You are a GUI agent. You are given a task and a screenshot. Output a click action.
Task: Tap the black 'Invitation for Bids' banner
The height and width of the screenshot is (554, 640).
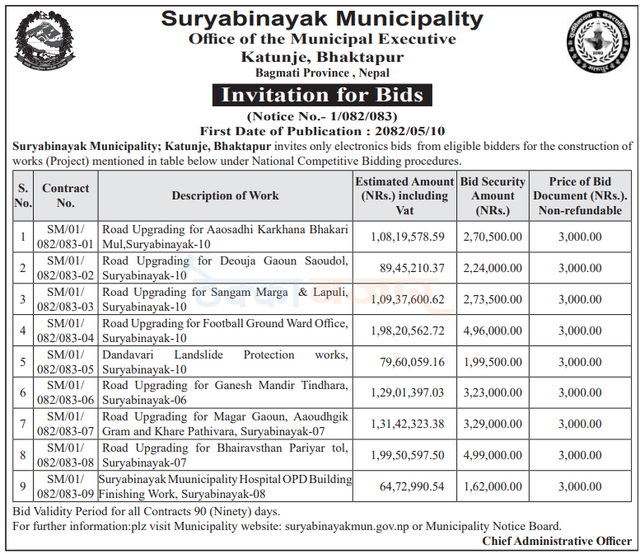[322, 95]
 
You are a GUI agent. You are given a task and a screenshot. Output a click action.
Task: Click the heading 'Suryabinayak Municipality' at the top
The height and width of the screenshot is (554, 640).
[321, 17]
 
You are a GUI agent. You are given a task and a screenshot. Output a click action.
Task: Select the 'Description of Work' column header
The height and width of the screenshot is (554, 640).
[225, 195]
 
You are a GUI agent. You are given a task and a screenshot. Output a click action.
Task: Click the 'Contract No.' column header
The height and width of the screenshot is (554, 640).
[66, 195]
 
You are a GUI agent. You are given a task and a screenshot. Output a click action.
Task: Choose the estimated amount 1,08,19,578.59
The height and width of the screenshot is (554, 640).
[404, 237]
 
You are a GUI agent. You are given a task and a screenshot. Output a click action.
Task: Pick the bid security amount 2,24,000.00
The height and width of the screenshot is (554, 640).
[493, 268]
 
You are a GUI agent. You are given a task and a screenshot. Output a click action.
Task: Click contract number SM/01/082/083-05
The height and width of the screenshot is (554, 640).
[66, 362]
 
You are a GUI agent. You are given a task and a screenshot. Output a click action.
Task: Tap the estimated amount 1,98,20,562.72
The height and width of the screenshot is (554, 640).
[404, 331]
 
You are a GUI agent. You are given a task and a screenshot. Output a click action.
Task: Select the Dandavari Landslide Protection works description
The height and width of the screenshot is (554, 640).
[225, 362]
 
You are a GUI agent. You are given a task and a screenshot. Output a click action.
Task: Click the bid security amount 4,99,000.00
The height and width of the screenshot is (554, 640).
[493, 455]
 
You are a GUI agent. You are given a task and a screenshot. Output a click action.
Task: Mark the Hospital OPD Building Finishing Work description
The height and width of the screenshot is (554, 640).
[225, 486]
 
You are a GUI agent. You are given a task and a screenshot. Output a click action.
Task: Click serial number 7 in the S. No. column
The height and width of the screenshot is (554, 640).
[23, 424]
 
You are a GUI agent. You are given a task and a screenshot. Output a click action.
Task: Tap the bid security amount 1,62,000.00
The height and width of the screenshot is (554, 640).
[493, 486]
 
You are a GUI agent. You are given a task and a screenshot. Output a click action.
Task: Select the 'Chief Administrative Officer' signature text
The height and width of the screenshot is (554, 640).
[557, 541]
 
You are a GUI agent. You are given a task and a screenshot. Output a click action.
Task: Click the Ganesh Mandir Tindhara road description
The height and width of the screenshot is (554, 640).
[225, 392]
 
